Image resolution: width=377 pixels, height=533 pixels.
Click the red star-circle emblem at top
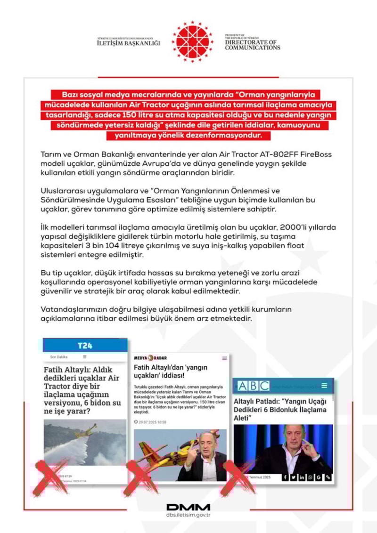(x=192, y=41)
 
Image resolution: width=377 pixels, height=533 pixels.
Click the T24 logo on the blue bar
(x=85, y=346)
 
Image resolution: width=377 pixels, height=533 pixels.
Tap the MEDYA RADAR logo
(x=150, y=358)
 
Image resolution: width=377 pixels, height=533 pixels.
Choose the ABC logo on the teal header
(x=254, y=386)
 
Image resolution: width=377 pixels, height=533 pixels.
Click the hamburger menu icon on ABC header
(x=324, y=386)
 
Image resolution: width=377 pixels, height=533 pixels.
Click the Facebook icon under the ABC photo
(x=285, y=477)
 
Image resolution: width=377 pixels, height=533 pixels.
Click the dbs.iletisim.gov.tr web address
(x=188, y=516)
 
